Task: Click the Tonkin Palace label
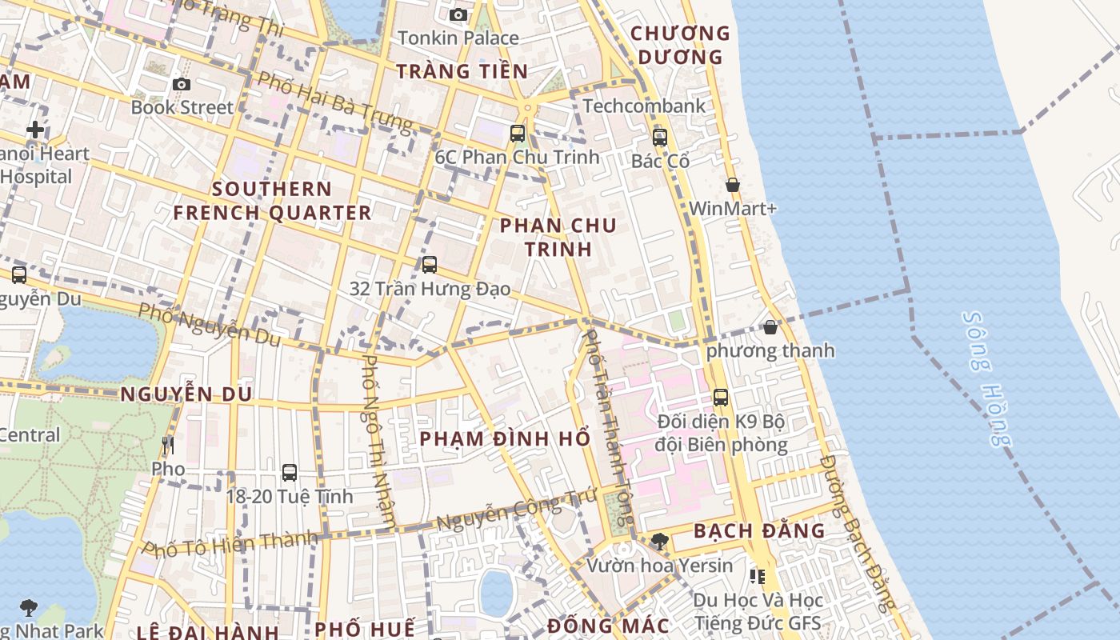tap(458, 38)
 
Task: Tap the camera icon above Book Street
tap(182, 84)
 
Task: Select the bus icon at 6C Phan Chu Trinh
tap(518, 134)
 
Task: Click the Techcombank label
tap(644, 106)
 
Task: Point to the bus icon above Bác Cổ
tap(660, 138)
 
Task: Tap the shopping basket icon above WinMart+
tap(733, 185)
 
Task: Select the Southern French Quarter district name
tap(273, 201)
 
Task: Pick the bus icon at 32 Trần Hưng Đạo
tap(430, 265)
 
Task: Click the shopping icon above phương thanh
tap(770, 327)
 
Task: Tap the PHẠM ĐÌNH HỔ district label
tap(505, 439)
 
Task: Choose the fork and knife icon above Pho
tap(167, 446)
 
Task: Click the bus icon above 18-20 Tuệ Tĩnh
tap(290, 473)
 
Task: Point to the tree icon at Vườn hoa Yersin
tap(659, 542)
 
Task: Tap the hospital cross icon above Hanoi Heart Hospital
tap(35, 130)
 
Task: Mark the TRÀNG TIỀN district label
tap(462, 71)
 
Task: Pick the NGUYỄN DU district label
tap(186, 394)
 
